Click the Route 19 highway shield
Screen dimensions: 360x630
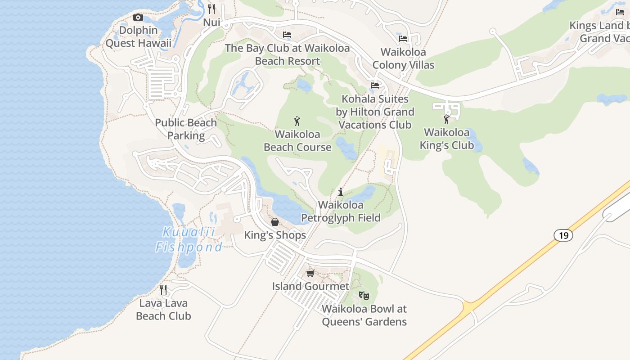click(x=563, y=235)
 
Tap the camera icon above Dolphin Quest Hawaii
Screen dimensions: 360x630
click(x=138, y=18)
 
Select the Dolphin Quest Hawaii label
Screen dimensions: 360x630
click(x=139, y=37)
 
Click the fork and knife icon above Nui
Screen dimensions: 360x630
click(x=211, y=9)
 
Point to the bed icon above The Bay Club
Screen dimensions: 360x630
click(x=287, y=35)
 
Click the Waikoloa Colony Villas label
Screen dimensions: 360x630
click(x=403, y=58)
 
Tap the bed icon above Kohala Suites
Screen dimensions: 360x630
click(x=374, y=85)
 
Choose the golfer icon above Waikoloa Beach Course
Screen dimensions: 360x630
click(x=297, y=121)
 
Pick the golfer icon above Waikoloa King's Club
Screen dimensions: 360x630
click(x=446, y=119)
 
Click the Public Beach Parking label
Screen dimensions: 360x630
click(x=186, y=129)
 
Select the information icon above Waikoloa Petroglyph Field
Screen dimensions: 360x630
click(x=341, y=192)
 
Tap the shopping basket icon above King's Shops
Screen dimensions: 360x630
click(x=275, y=222)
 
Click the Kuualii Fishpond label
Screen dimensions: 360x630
click(x=189, y=239)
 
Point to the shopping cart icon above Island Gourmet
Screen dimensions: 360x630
click(x=310, y=273)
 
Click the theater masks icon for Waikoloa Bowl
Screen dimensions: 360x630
click(x=364, y=295)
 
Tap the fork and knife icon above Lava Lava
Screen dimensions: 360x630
click(x=163, y=290)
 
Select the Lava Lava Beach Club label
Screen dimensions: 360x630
click(x=163, y=310)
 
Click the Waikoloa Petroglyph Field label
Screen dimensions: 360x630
click(x=341, y=211)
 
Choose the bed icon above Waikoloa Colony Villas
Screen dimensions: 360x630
click(x=403, y=39)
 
